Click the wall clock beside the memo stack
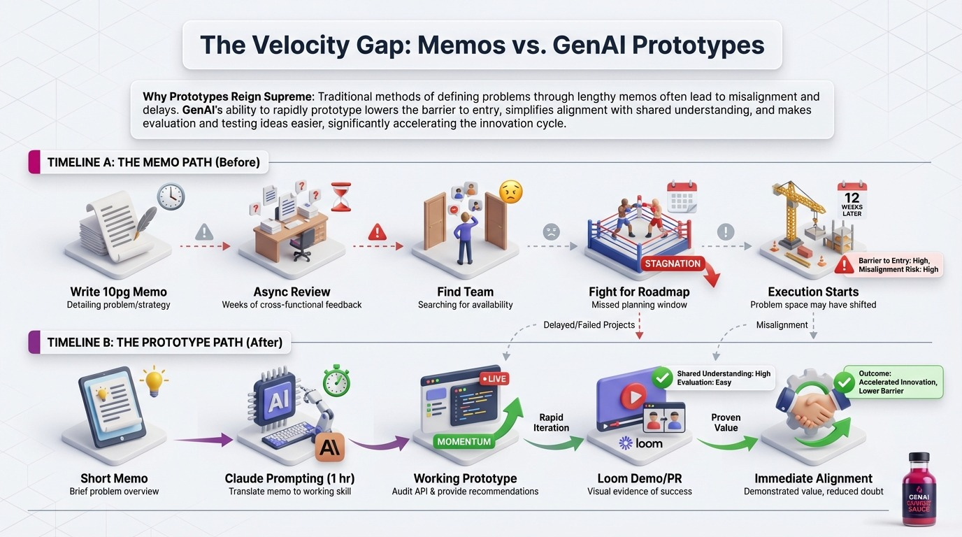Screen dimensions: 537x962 [x=171, y=196]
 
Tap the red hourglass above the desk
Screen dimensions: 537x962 [x=340, y=196]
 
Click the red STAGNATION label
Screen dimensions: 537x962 [x=673, y=264]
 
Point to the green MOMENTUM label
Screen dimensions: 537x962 [x=464, y=441]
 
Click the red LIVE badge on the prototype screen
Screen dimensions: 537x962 [x=494, y=378]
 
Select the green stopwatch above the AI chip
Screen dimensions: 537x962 [x=336, y=380]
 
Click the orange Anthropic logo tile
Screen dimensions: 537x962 [x=329, y=448]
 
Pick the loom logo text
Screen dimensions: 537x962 [x=641, y=443]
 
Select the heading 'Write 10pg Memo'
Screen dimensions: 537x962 [x=118, y=292]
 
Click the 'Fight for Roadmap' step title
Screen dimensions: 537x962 [x=639, y=292]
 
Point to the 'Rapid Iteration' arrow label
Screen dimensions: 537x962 [x=551, y=422]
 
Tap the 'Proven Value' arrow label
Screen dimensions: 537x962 [x=726, y=422]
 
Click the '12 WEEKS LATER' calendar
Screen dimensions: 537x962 [x=852, y=199]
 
